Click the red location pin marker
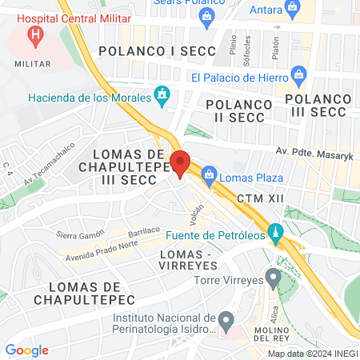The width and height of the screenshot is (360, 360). (x=180, y=163)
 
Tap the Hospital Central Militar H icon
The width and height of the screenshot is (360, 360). (x=35, y=35)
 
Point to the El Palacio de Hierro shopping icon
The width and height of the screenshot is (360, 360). (x=300, y=77)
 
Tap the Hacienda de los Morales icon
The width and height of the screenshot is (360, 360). (x=163, y=97)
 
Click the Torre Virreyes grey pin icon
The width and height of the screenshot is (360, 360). (x=274, y=280)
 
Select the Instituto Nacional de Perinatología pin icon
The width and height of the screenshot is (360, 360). (x=226, y=322)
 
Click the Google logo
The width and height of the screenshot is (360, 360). (x=27, y=350)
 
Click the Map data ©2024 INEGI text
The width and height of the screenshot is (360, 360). (x=312, y=353)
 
